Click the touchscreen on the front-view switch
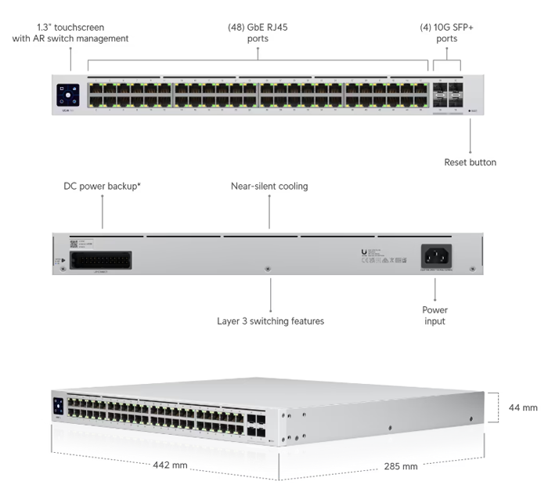67,96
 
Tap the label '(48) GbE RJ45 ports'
258,33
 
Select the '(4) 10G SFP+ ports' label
447,33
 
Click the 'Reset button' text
470,163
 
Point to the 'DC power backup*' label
102,186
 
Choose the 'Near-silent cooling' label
269,186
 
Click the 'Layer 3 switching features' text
270,321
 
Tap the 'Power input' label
434,316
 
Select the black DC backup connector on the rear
100,260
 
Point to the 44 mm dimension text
523,407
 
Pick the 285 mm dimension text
399,467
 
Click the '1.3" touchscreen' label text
70,27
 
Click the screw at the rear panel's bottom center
269,268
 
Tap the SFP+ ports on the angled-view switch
255,424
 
